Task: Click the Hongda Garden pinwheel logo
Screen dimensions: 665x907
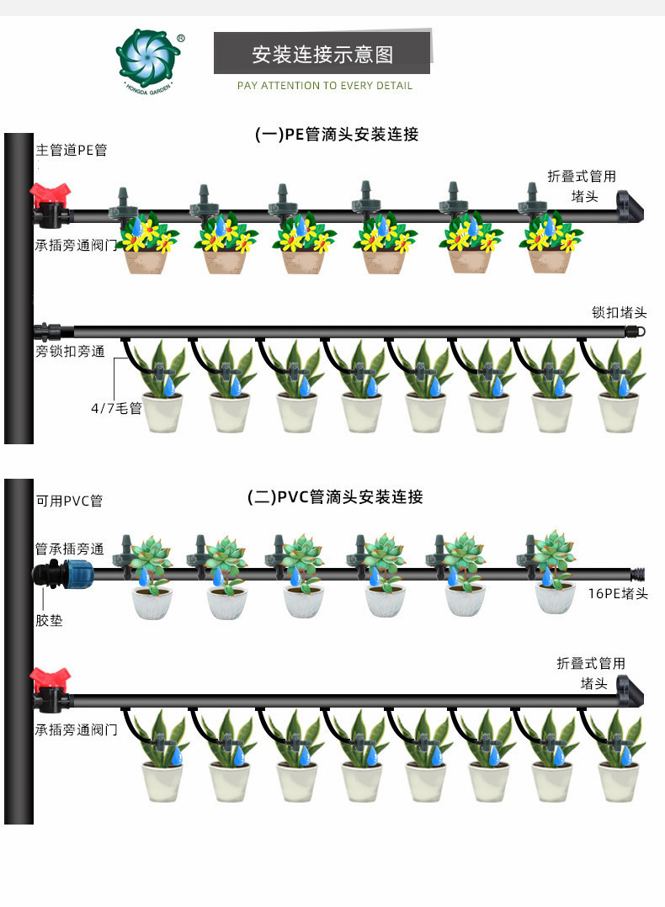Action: pyautogui.click(x=149, y=61)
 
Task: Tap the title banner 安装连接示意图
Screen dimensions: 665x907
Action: pyautogui.click(x=322, y=54)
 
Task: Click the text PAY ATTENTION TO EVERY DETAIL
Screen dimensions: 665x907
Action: pyautogui.click(x=325, y=86)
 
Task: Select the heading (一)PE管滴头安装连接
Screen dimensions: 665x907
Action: pyautogui.click(x=336, y=135)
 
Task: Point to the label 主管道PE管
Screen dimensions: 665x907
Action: pyautogui.click(x=72, y=151)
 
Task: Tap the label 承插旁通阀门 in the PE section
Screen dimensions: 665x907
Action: pyautogui.click(x=76, y=246)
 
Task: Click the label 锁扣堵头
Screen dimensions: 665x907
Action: pyautogui.click(x=619, y=313)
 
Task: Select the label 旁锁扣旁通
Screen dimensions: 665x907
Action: pyautogui.click(x=70, y=351)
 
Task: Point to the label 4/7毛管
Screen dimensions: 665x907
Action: pyautogui.click(x=116, y=408)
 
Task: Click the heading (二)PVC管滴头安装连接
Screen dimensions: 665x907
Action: pyautogui.click(x=335, y=497)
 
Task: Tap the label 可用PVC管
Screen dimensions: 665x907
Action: pyautogui.click(x=69, y=501)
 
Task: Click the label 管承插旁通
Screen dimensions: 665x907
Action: pyautogui.click(x=70, y=549)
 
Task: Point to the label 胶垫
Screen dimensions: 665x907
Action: pyautogui.click(x=49, y=621)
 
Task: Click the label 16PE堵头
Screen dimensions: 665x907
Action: pyautogui.click(x=618, y=593)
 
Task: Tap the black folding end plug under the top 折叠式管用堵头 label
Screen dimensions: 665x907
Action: pyautogui.click(x=629, y=207)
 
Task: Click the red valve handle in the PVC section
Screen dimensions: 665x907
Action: pyautogui.click(x=50, y=679)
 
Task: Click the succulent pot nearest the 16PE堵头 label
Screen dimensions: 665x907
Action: pyautogui.click(x=554, y=573)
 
